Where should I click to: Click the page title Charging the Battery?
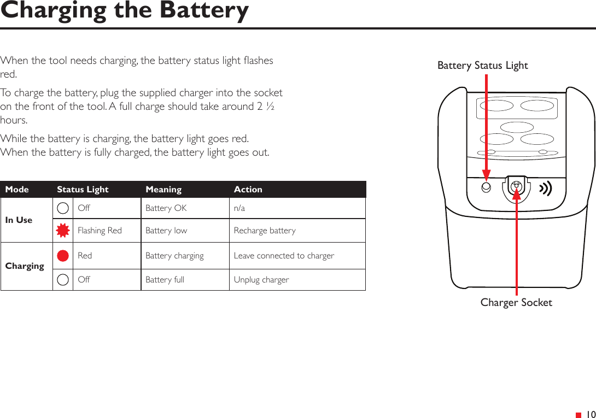pyautogui.click(x=125, y=11)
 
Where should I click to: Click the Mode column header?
pyautogui.click(x=17, y=190)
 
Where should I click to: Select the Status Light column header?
pyautogui.click(x=83, y=190)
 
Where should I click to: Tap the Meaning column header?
pyautogui.click(x=163, y=190)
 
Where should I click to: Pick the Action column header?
pyautogui.click(x=248, y=190)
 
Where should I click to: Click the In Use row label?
pyautogui.click(x=19, y=220)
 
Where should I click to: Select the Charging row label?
pyautogui.click(x=25, y=266)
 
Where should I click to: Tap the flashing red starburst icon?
pyautogui.click(x=63, y=231)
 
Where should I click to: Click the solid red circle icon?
pyautogui.click(x=63, y=256)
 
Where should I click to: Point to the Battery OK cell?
pyautogui.click(x=166, y=208)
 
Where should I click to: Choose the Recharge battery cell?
pyautogui.click(x=265, y=231)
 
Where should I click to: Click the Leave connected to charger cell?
pyautogui.click(x=284, y=256)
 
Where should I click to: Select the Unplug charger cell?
pyautogui.click(x=261, y=280)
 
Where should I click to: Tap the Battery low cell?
pyautogui.click(x=166, y=231)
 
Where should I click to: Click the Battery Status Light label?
pyautogui.click(x=482, y=66)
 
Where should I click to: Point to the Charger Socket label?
pyautogui.click(x=516, y=302)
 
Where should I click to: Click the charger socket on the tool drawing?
pyautogui.click(x=516, y=187)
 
